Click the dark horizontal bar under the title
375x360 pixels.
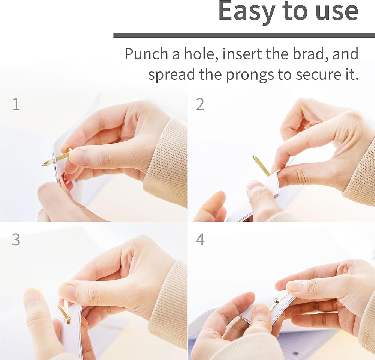(244, 35)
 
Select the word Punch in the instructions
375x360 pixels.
(146, 54)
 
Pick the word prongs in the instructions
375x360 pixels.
(250, 75)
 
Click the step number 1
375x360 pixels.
(16, 104)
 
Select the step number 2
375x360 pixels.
(200, 104)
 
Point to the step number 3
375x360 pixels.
(16, 239)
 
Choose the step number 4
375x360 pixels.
(200, 239)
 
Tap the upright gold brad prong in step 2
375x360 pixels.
(261, 166)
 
